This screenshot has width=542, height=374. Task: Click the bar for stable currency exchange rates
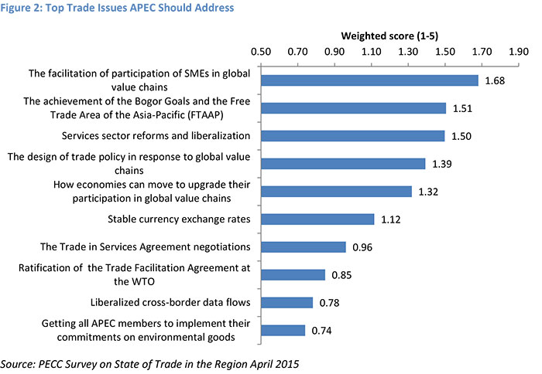pos(317,219)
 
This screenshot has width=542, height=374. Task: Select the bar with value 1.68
pos(369,80)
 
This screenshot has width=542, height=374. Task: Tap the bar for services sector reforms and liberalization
pos(353,136)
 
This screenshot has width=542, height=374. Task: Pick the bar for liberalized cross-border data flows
pos(286,303)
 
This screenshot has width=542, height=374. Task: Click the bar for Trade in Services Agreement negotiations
pos(304,247)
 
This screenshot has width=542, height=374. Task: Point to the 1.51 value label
pos(463,108)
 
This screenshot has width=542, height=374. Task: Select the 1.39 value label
pos(442,164)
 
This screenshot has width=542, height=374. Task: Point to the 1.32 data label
pos(428,192)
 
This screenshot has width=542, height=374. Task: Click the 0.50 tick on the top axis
pos(261,53)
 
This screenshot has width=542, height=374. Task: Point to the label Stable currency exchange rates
pos(179,219)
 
